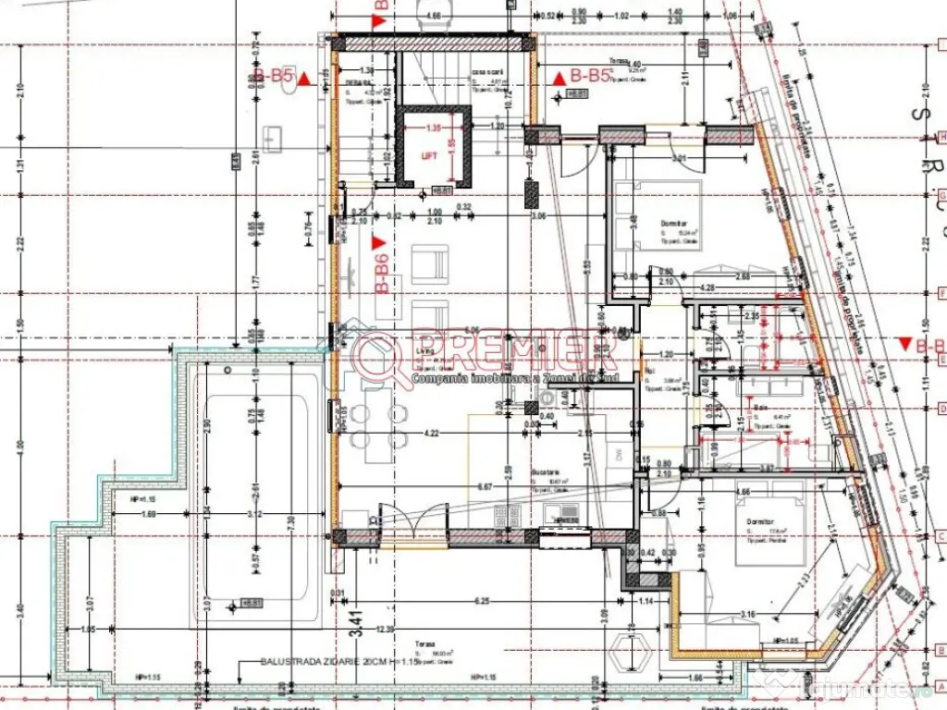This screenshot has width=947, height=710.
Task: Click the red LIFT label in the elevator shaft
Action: click(429, 157)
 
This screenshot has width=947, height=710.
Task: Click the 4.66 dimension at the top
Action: click(430, 16)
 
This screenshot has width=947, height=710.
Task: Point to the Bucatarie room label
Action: click(544, 471)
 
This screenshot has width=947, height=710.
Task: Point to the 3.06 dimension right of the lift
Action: click(539, 215)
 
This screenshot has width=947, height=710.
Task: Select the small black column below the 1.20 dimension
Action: click(532, 192)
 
